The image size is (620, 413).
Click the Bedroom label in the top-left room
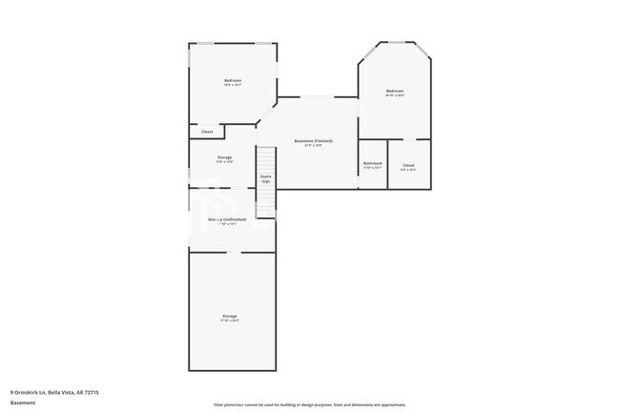233,80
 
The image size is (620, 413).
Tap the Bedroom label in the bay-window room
395,91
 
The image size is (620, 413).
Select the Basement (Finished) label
313,141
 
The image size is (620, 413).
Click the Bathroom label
372,163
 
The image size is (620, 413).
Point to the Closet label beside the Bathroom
408,165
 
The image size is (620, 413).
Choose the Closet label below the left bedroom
207,132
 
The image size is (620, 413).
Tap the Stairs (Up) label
266,177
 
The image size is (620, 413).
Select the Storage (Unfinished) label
222,219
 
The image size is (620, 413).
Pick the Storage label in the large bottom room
230,316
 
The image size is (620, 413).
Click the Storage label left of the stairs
224,157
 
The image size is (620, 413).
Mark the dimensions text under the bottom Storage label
230,320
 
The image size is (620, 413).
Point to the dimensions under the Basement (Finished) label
313,146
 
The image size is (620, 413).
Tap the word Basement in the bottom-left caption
23,403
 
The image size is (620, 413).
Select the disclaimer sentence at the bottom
309,404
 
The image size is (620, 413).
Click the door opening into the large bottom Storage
233,252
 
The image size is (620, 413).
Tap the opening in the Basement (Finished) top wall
318,96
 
